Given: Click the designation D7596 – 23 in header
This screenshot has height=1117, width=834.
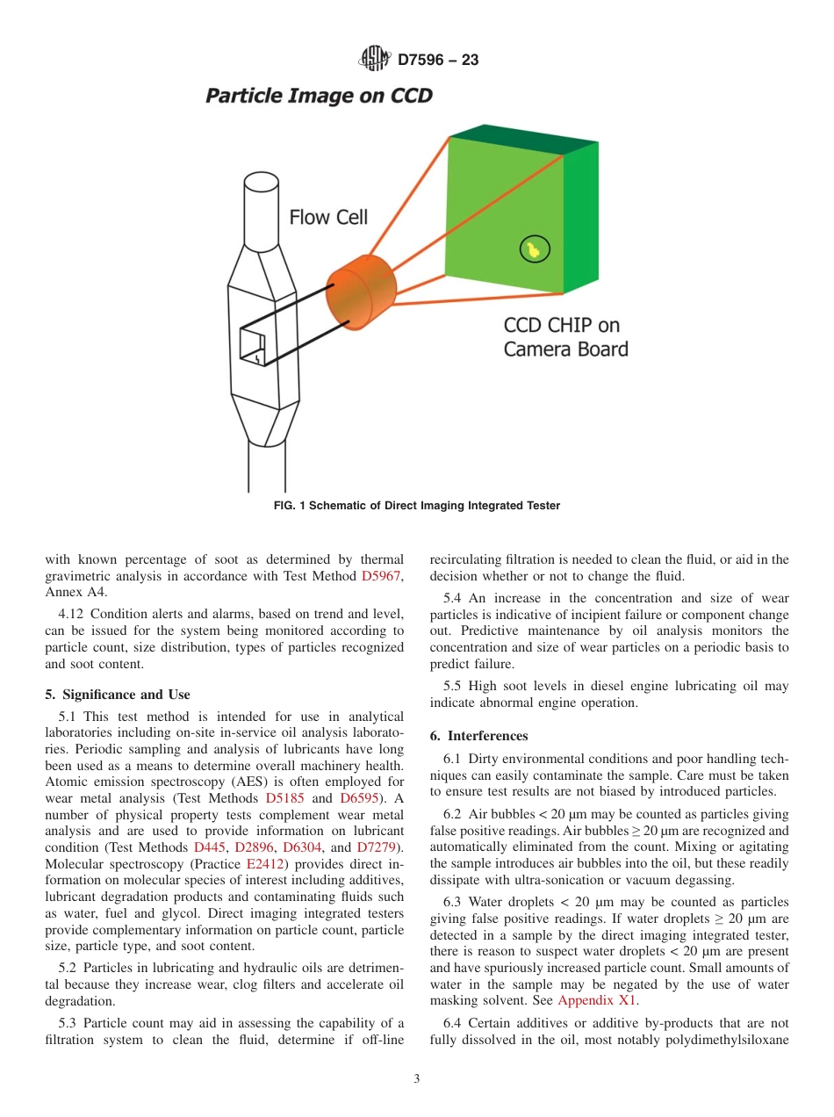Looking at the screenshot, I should pyautogui.click(x=438, y=61).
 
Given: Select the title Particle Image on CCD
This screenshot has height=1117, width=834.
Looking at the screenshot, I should pyautogui.click(x=319, y=96).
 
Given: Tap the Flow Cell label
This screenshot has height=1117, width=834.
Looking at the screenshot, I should pyautogui.click(x=328, y=217).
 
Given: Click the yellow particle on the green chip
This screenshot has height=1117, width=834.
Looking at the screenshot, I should pyautogui.click(x=533, y=250).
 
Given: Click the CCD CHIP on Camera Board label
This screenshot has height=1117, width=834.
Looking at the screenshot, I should pyautogui.click(x=565, y=337).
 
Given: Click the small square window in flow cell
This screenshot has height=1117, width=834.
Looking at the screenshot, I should pyautogui.click(x=252, y=346).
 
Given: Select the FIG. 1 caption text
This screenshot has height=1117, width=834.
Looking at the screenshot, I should pyautogui.click(x=417, y=505).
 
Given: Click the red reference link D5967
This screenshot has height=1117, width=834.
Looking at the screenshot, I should pyautogui.click(x=381, y=576).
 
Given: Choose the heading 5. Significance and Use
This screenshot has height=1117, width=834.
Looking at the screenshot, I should pyautogui.click(x=118, y=695).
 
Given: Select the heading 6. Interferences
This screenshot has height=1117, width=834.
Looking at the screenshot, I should pyautogui.click(x=479, y=736).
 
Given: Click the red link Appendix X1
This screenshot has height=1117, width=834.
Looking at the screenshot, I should pyautogui.click(x=597, y=1000).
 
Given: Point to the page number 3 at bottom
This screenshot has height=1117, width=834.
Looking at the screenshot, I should pyautogui.click(x=417, y=1079).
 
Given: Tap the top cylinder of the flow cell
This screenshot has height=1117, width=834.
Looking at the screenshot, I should pyautogui.click(x=261, y=206).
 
